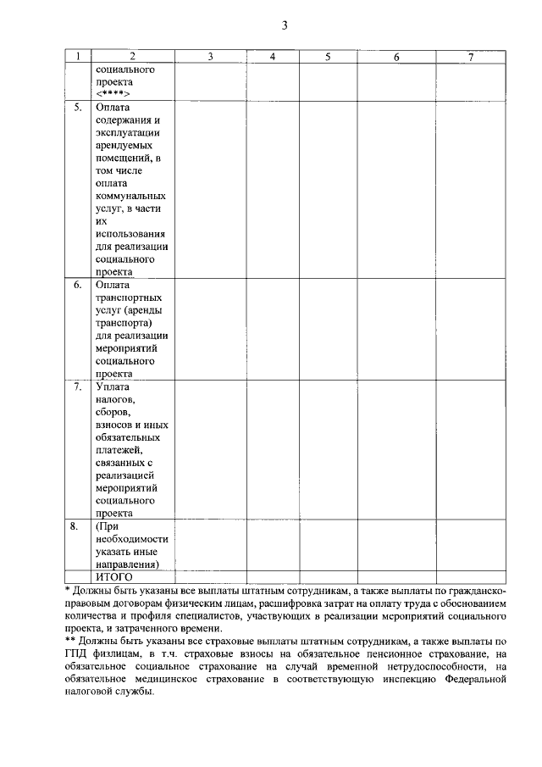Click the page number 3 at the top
(285, 25)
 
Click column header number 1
(77, 57)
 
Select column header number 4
(273, 57)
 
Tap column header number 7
(471, 57)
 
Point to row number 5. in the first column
(77, 108)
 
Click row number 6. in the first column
(77, 285)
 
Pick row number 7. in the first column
(77, 387)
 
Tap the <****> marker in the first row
(113, 94)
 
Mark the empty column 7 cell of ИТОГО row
(471, 576)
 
